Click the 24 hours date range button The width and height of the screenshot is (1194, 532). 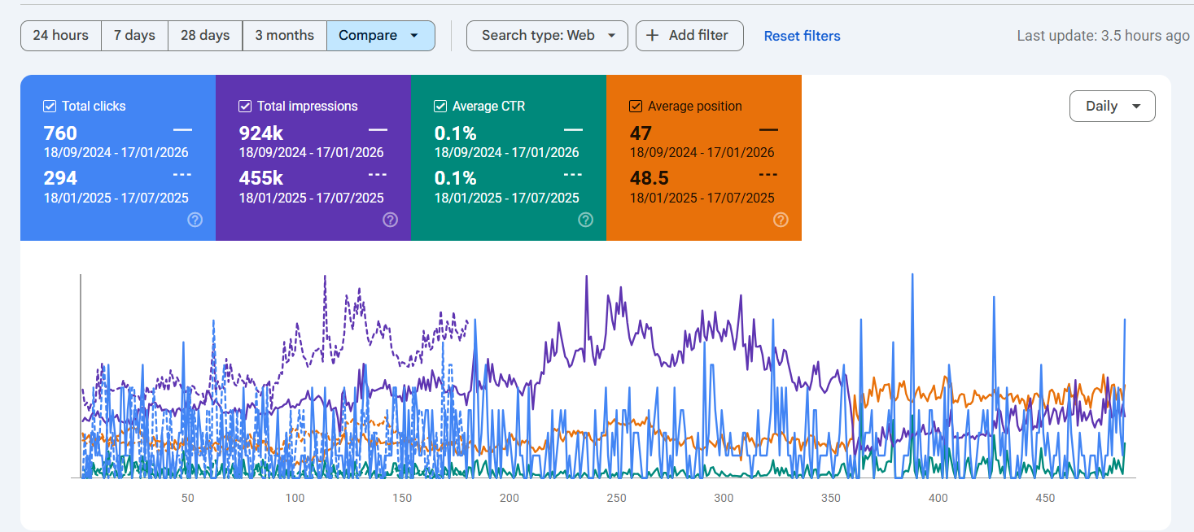pos(60,36)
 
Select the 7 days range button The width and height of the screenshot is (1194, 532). pos(134,36)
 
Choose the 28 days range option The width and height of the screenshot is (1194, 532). pos(205,36)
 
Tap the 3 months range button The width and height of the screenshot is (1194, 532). pos(284,36)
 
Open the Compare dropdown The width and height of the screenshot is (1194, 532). pos(380,36)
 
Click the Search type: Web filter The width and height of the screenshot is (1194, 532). pos(547,36)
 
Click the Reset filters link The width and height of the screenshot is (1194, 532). pos(802,36)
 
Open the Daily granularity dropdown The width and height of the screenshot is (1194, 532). pos(1112,106)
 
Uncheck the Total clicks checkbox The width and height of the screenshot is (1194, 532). pos(50,106)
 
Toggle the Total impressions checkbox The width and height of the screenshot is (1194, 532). pos(245,106)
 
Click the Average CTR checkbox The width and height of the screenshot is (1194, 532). pos(440,106)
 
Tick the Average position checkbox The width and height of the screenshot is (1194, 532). pos(636,106)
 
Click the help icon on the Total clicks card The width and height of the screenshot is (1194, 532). pos(195,220)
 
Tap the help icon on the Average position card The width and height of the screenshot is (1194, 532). pos(781,220)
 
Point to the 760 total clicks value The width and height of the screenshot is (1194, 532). pos(60,133)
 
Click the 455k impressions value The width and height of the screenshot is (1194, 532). pos(261,178)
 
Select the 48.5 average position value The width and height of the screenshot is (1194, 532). pos(649,178)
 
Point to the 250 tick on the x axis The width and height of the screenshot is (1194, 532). pos(616,498)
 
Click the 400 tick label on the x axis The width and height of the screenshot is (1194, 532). pos(938,498)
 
